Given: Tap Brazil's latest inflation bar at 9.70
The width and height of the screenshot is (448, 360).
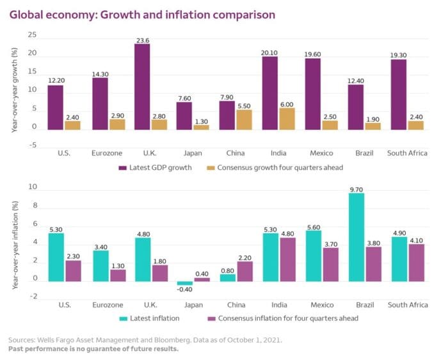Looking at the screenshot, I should click(x=356, y=237).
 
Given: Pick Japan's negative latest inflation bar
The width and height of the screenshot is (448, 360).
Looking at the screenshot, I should click(x=185, y=283).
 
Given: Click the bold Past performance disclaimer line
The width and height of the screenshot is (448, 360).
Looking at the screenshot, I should click(x=93, y=349).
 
